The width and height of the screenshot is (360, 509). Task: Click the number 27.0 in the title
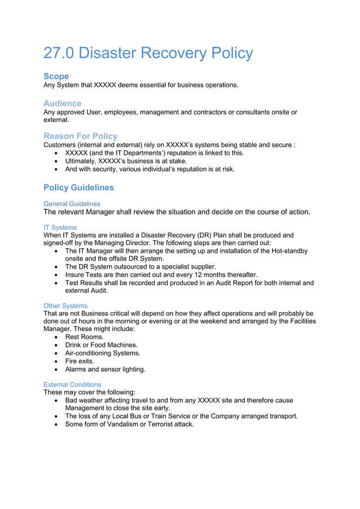point(59,54)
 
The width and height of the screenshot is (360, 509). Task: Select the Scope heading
point(56,76)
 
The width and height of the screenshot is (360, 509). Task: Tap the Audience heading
point(62,103)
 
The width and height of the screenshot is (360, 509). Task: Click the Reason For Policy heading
point(80,136)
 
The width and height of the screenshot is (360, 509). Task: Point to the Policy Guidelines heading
point(78,187)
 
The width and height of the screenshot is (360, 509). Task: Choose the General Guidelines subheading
point(72,203)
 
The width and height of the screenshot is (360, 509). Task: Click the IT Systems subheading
point(60,227)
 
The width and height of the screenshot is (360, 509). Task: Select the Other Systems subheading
point(65,305)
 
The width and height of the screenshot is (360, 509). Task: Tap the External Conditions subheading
point(72,384)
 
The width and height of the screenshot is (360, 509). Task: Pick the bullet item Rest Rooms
point(84,337)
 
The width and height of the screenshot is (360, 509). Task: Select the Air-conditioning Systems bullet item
point(103,353)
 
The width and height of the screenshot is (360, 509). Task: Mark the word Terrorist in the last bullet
point(160,424)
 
